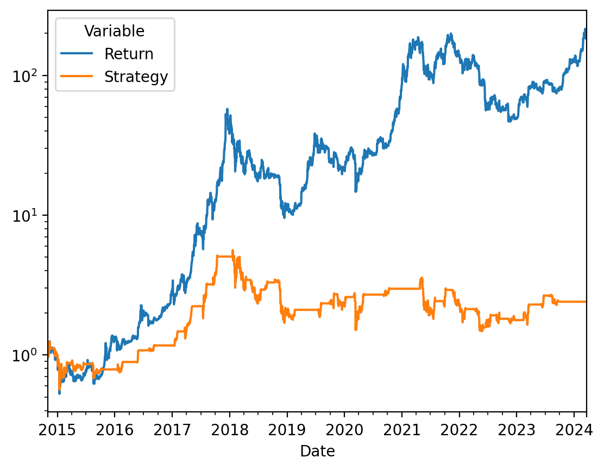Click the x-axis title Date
pyautogui.click(x=317, y=451)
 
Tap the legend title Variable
pyautogui.click(x=115, y=32)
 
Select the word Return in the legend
pyautogui.click(x=129, y=54)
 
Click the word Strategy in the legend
pyautogui.click(x=136, y=77)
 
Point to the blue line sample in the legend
pyautogui.click(x=77, y=54)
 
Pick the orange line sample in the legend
pyautogui.click(x=77, y=77)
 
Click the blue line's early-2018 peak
pyautogui.click(x=226, y=109)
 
